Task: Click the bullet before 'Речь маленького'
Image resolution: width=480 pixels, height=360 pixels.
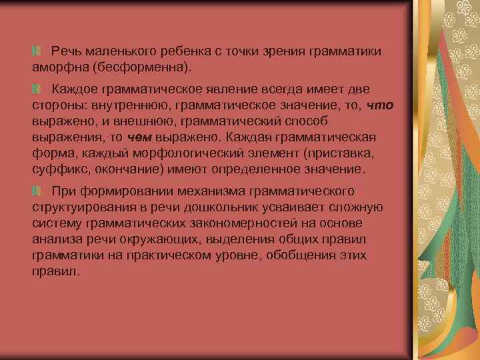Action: (x=36, y=51)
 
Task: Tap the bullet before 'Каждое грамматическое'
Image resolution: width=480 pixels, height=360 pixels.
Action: (x=36, y=89)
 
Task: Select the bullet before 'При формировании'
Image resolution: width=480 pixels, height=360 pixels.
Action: (x=36, y=191)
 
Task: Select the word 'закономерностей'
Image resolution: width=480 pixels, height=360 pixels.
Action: (x=224, y=223)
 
